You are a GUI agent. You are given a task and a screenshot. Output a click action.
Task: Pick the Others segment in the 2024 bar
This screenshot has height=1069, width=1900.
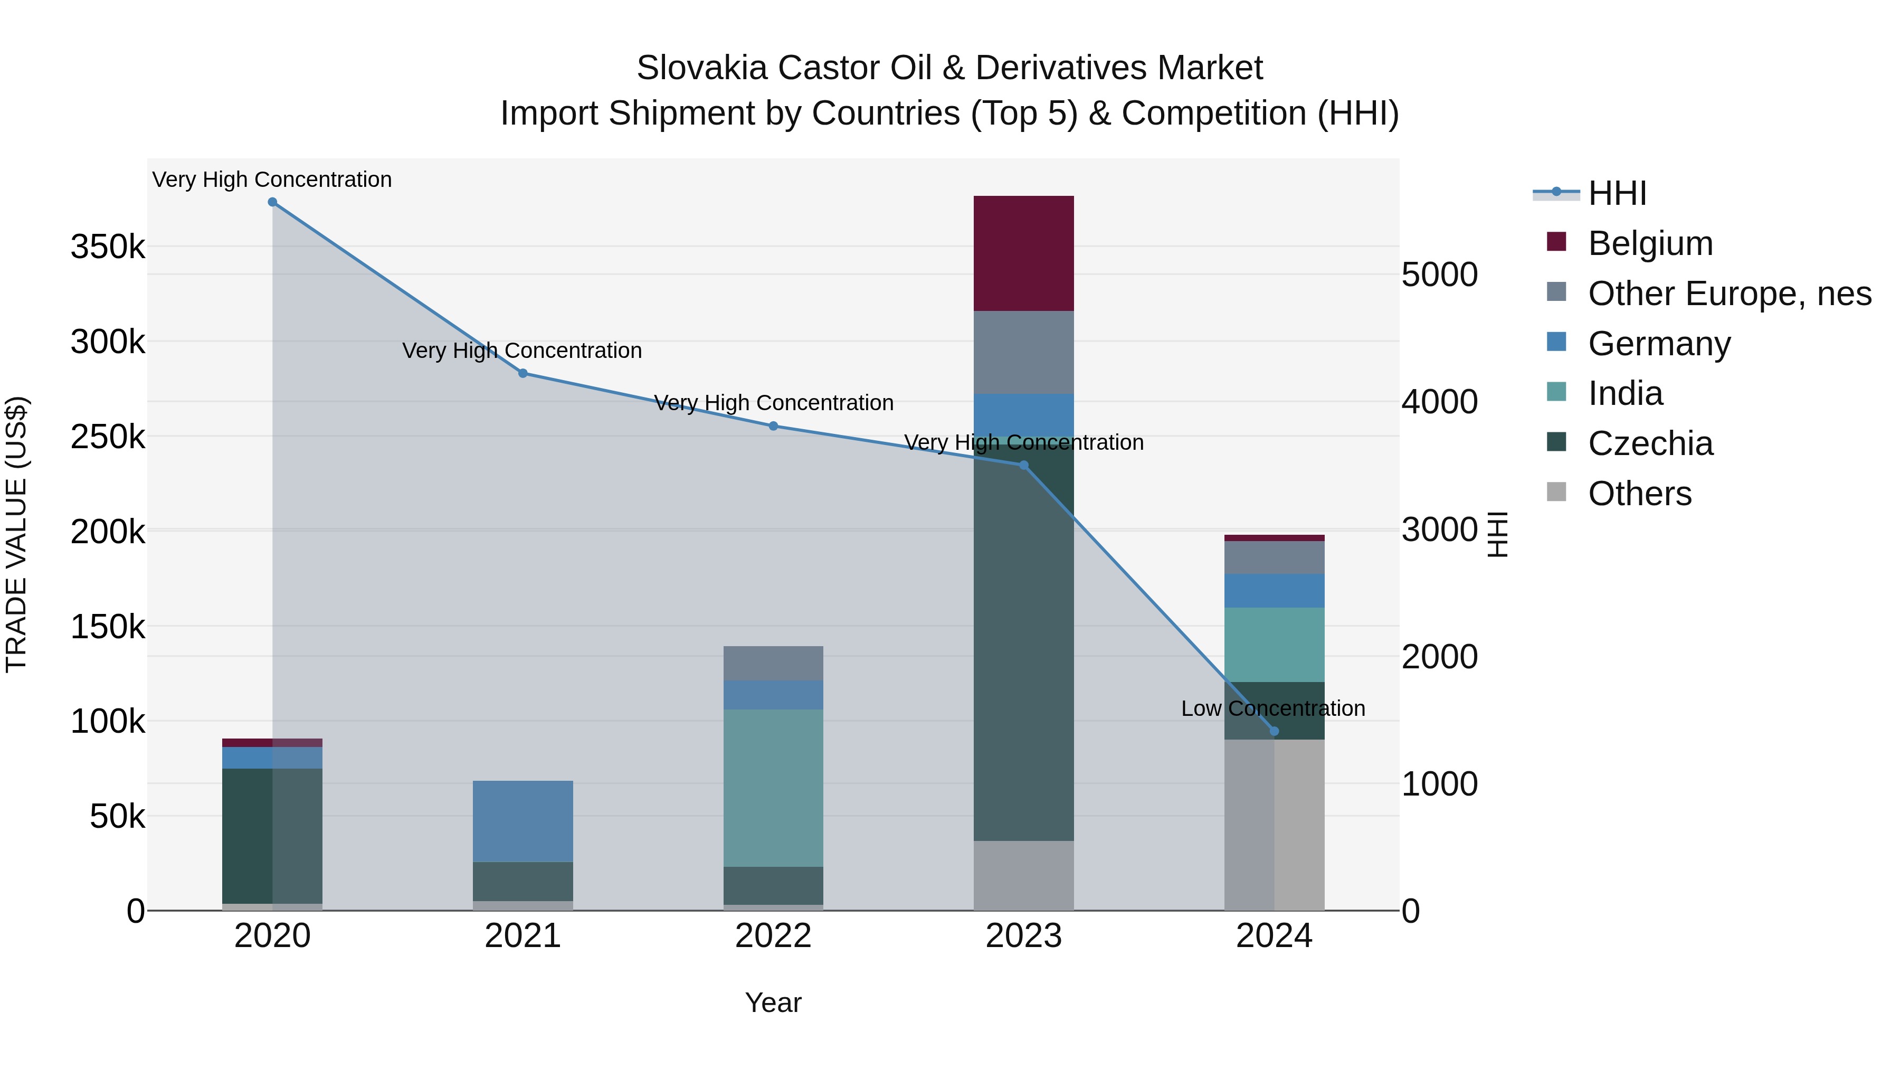(1274, 824)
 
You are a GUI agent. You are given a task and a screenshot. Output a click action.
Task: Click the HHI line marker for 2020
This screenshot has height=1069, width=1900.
(272, 202)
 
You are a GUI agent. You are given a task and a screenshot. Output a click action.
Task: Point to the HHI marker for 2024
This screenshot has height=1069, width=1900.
(1274, 731)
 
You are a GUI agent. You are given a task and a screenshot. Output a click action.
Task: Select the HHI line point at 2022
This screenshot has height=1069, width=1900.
(773, 425)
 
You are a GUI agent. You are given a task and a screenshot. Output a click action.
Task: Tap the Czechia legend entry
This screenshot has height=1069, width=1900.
(1649, 443)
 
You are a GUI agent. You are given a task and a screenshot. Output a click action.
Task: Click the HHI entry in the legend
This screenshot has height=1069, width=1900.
(1617, 193)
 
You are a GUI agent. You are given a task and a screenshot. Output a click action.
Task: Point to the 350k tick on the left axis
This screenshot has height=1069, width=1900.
(108, 247)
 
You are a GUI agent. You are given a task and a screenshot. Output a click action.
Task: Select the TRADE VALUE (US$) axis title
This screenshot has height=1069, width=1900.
(16, 534)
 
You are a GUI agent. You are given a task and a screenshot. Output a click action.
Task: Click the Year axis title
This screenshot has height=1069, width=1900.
(773, 1002)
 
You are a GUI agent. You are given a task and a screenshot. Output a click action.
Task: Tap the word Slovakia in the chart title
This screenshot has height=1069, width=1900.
(701, 68)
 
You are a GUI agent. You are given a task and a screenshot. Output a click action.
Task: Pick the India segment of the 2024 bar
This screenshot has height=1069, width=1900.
(1274, 644)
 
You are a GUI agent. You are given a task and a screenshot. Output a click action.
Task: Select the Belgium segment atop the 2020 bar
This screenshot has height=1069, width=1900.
(272, 742)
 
